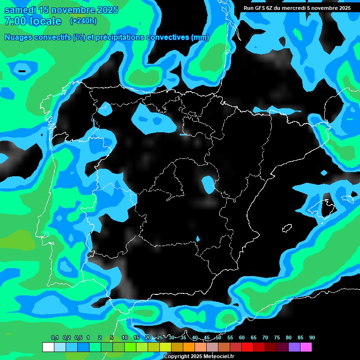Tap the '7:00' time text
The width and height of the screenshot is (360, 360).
(14, 21)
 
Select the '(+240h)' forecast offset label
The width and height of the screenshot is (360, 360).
(83, 21)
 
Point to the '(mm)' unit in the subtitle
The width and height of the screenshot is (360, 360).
(200, 37)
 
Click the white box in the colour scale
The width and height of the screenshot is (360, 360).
(48, 347)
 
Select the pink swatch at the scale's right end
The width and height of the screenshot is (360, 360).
(306, 347)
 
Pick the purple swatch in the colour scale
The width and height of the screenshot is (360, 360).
(294, 347)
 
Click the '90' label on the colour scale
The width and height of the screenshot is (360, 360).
(312, 337)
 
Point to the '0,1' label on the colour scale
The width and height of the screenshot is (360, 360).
(55, 337)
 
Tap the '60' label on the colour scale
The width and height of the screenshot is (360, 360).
(242, 337)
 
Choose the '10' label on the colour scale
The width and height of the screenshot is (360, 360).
(124, 337)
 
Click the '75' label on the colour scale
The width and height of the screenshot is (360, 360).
(277, 337)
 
